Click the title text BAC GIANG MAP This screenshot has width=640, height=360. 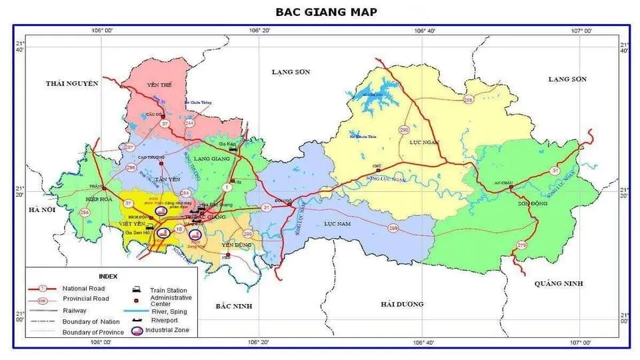click(326, 12)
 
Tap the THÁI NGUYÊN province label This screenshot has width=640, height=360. click(72, 83)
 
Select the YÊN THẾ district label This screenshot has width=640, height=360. click(159, 85)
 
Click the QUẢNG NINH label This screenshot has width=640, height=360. click(558, 283)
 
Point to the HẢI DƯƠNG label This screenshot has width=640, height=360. click(402, 304)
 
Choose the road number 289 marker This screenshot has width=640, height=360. click(393, 229)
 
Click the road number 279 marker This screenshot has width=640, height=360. click(521, 246)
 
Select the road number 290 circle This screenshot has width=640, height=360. click(404, 129)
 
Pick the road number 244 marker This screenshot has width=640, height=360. click(190, 123)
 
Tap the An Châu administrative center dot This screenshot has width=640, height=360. click(511, 187)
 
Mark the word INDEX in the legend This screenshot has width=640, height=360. click(108, 276)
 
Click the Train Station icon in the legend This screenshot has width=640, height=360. click(136, 289)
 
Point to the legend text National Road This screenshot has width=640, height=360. click(83, 288)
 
